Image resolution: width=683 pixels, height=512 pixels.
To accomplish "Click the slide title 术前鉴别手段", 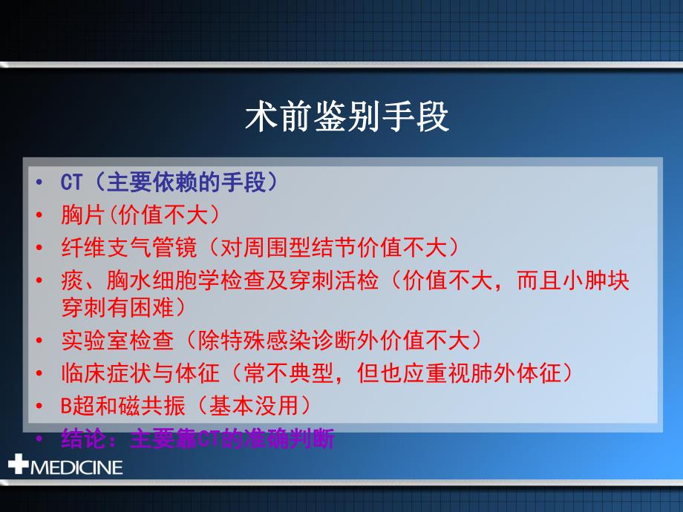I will pyautogui.click(x=347, y=116).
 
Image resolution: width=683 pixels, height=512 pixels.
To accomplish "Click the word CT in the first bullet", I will pyautogui.click(x=71, y=183).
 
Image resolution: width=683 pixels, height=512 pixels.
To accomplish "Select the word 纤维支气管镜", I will pyautogui.click(x=117, y=247).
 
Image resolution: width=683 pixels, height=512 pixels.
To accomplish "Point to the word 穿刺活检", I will pyautogui.click(x=337, y=280).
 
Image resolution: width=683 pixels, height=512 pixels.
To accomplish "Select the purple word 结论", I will pyautogui.click(x=79, y=439).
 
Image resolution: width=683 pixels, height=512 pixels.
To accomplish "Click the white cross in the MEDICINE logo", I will pyautogui.click(x=18, y=466).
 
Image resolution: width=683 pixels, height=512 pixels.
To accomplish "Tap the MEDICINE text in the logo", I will pyautogui.click(x=76, y=467).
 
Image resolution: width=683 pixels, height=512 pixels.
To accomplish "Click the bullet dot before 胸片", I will pyautogui.click(x=39, y=216).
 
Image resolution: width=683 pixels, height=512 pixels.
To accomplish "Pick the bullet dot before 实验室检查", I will pyautogui.click(x=39, y=341).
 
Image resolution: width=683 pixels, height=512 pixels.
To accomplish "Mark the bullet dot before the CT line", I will pyautogui.click(x=39, y=183).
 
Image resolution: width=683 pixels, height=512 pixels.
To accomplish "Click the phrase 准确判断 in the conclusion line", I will pyautogui.click(x=300, y=439).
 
